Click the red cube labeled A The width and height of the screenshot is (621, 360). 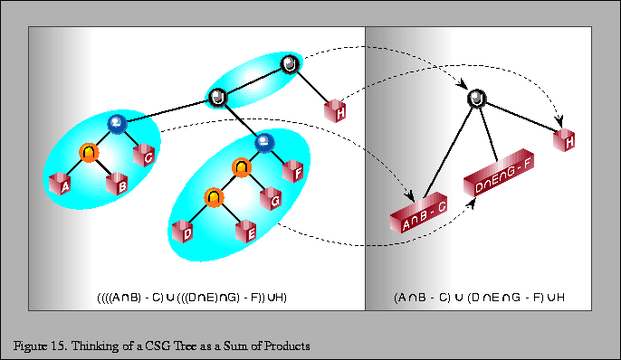tap(63, 185)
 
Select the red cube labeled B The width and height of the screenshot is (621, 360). tap(119, 184)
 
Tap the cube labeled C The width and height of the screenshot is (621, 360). tap(148, 156)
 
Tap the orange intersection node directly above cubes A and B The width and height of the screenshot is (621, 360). tap(88, 153)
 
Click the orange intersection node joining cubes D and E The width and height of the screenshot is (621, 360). tap(213, 196)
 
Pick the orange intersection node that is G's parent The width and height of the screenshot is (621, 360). tap(242, 167)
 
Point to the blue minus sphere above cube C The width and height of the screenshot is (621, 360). tap(116, 123)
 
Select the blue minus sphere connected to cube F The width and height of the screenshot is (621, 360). tap(263, 141)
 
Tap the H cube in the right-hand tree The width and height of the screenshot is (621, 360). tap(565, 139)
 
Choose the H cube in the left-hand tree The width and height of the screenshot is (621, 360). tap(337, 112)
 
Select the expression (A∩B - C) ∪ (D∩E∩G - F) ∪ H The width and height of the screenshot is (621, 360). tap(481, 297)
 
